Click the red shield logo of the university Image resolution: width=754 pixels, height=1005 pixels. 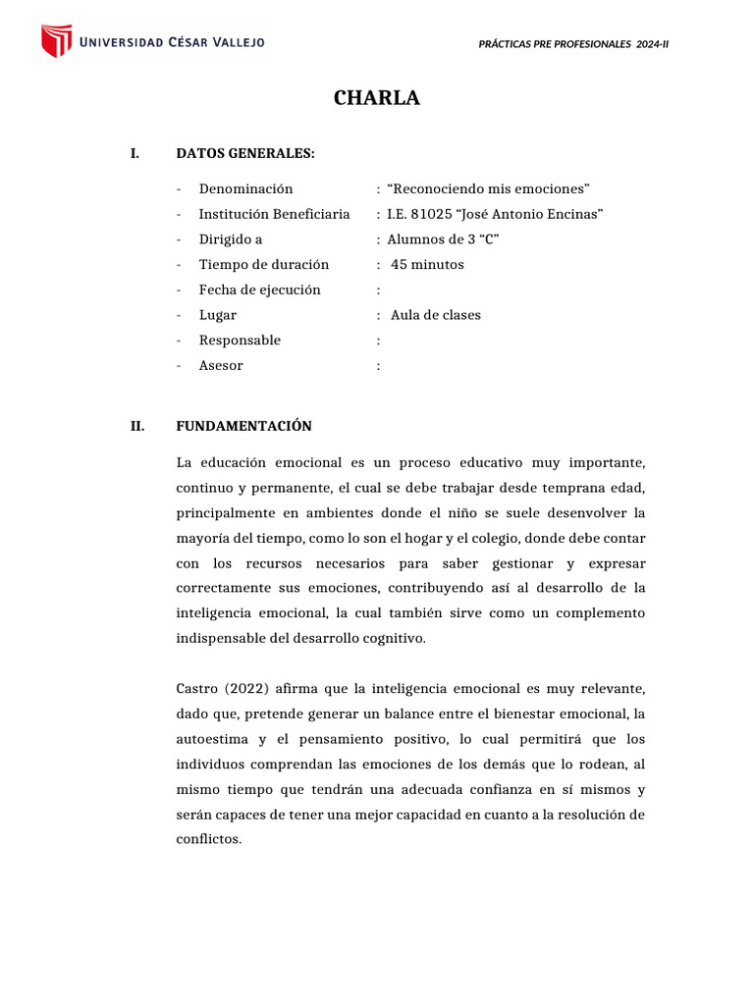56,41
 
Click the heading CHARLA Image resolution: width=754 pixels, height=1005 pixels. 376,98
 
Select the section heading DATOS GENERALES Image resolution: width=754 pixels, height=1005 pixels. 245,153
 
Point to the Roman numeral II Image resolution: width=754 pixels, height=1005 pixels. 137,426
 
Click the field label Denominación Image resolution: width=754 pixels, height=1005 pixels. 245,188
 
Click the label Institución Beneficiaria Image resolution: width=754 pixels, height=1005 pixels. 274,214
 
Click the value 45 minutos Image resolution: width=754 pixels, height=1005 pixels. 427,265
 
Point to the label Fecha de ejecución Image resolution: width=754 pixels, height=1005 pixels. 259,290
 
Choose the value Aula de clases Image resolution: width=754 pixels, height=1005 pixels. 436,315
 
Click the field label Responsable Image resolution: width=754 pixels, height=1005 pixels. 240,341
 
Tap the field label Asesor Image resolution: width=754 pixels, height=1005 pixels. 221,366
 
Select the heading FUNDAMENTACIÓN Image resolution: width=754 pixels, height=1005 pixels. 243,426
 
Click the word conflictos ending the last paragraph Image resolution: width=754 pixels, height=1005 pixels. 208,840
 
